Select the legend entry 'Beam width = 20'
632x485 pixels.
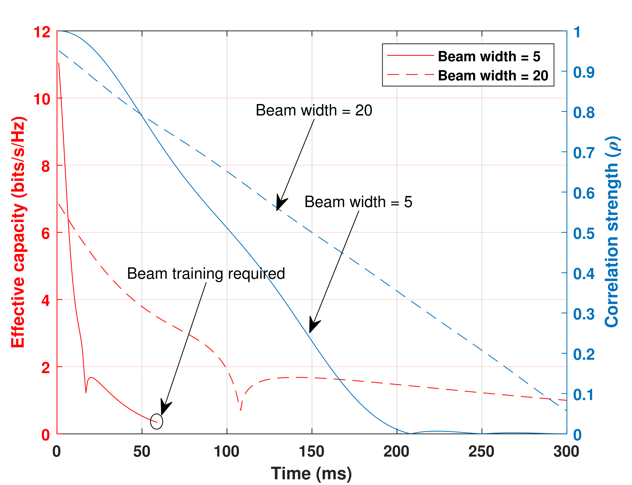coord(493,76)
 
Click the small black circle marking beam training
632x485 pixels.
coord(156,421)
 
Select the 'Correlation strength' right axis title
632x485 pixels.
coord(612,232)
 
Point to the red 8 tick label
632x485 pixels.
coord(46,167)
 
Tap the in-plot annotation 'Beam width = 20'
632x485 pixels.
coord(314,110)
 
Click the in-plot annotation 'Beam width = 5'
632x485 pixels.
coord(358,202)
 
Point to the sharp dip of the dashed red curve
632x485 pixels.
coord(240,410)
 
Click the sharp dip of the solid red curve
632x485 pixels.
coord(86,393)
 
